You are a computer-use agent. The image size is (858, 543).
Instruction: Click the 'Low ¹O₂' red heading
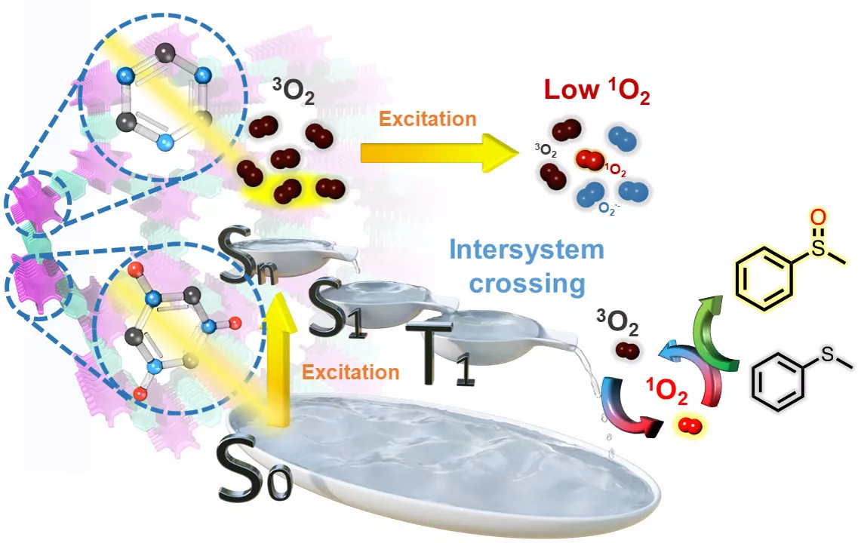coord(597,90)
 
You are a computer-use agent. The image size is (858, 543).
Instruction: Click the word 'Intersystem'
coord(527,250)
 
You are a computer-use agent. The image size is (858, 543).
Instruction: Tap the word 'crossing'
coord(527,284)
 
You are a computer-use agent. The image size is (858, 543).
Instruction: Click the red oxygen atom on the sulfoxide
coord(817,217)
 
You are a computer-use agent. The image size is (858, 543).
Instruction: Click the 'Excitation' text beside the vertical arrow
coord(351,373)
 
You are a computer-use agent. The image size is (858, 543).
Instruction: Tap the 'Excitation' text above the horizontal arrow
coord(427,118)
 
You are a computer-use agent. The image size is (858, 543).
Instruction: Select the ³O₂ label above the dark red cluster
coord(293,91)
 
